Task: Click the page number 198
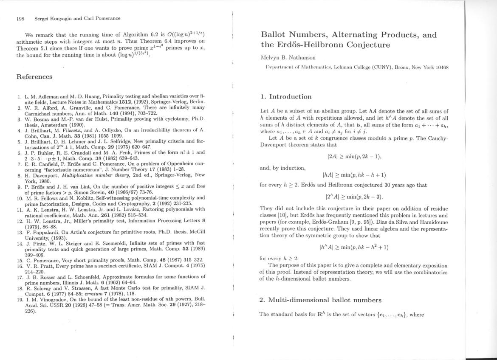(20, 18)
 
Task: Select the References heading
(34, 77)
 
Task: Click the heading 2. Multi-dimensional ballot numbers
(320, 300)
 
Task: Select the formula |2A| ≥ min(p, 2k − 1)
(354, 156)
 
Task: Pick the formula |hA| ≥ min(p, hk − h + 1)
(354, 175)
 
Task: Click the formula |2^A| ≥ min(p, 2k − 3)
(354, 197)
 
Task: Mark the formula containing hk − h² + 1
(354, 247)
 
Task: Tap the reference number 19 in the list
(20, 299)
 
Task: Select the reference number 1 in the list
(20, 97)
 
